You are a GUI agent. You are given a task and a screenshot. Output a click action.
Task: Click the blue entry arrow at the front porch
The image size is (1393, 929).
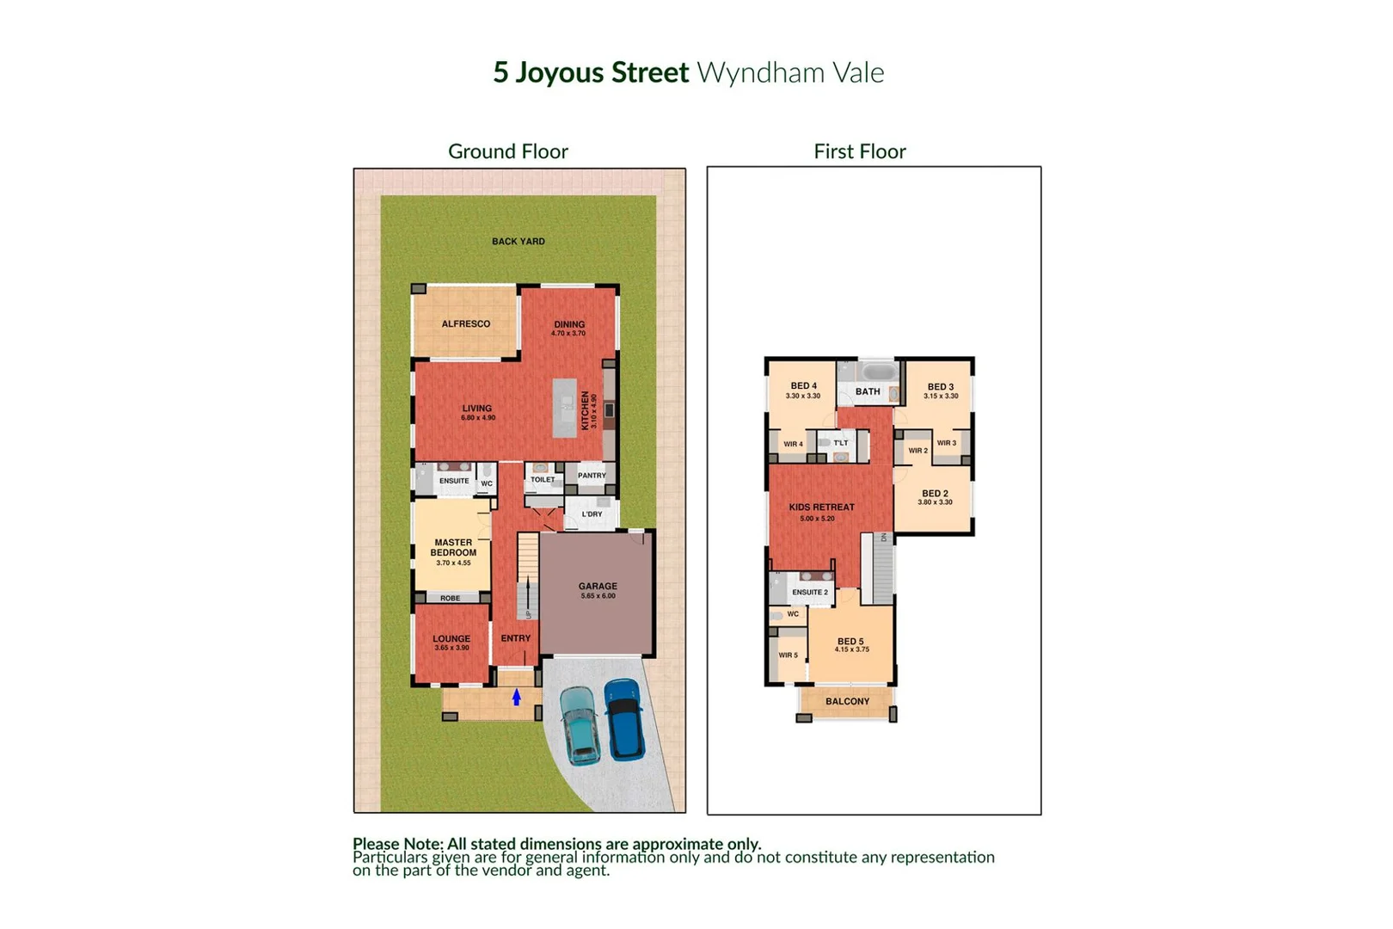pyautogui.click(x=517, y=698)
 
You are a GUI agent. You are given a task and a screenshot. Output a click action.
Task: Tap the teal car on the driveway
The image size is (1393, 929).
pyautogui.click(x=580, y=725)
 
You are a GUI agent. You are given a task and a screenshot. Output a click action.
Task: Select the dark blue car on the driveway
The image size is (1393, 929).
pyautogui.click(x=624, y=719)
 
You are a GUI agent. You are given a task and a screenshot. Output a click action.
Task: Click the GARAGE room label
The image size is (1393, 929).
pyautogui.click(x=598, y=586)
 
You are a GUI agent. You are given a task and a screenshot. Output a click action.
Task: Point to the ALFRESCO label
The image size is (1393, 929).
pyautogui.click(x=466, y=324)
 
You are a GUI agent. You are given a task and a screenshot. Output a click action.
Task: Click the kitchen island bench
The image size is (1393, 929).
pyautogui.click(x=565, y=408)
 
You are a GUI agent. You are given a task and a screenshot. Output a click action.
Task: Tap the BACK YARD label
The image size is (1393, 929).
pyautogui.click(x=518, y=242)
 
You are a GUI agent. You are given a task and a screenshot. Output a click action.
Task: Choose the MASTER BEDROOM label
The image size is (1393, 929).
pyautogui.click(x=453, y=548)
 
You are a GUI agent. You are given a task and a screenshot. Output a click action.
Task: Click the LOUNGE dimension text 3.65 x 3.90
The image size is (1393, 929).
pyautogui.click(x=451, y=648)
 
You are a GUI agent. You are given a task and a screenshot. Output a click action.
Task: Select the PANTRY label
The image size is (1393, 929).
pyautogui.click(x=592, y=476)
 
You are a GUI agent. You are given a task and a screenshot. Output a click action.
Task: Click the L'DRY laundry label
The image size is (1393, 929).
pyautogui.click(x=592, y=514)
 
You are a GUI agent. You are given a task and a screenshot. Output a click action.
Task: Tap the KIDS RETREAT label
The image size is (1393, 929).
pyautogui.click(x=821, y=508)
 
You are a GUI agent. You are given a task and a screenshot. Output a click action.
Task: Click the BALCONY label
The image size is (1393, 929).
pyautogui.click(x=847, y=702)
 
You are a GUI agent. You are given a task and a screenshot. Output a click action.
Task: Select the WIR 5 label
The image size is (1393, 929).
pyautogui.click(x=789, y=655)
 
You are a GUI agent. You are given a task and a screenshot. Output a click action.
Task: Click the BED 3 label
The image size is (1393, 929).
pyautogui.click(x=941, y=387)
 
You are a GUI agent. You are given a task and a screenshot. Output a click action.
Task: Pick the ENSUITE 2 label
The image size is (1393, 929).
pyautogui.click(x=810, y=593)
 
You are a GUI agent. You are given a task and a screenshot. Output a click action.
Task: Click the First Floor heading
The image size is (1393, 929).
pyautogui.click(x=859, y=151)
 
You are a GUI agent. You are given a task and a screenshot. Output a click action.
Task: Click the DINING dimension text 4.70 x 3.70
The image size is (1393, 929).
pyautogui.click(x=568, y=334)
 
